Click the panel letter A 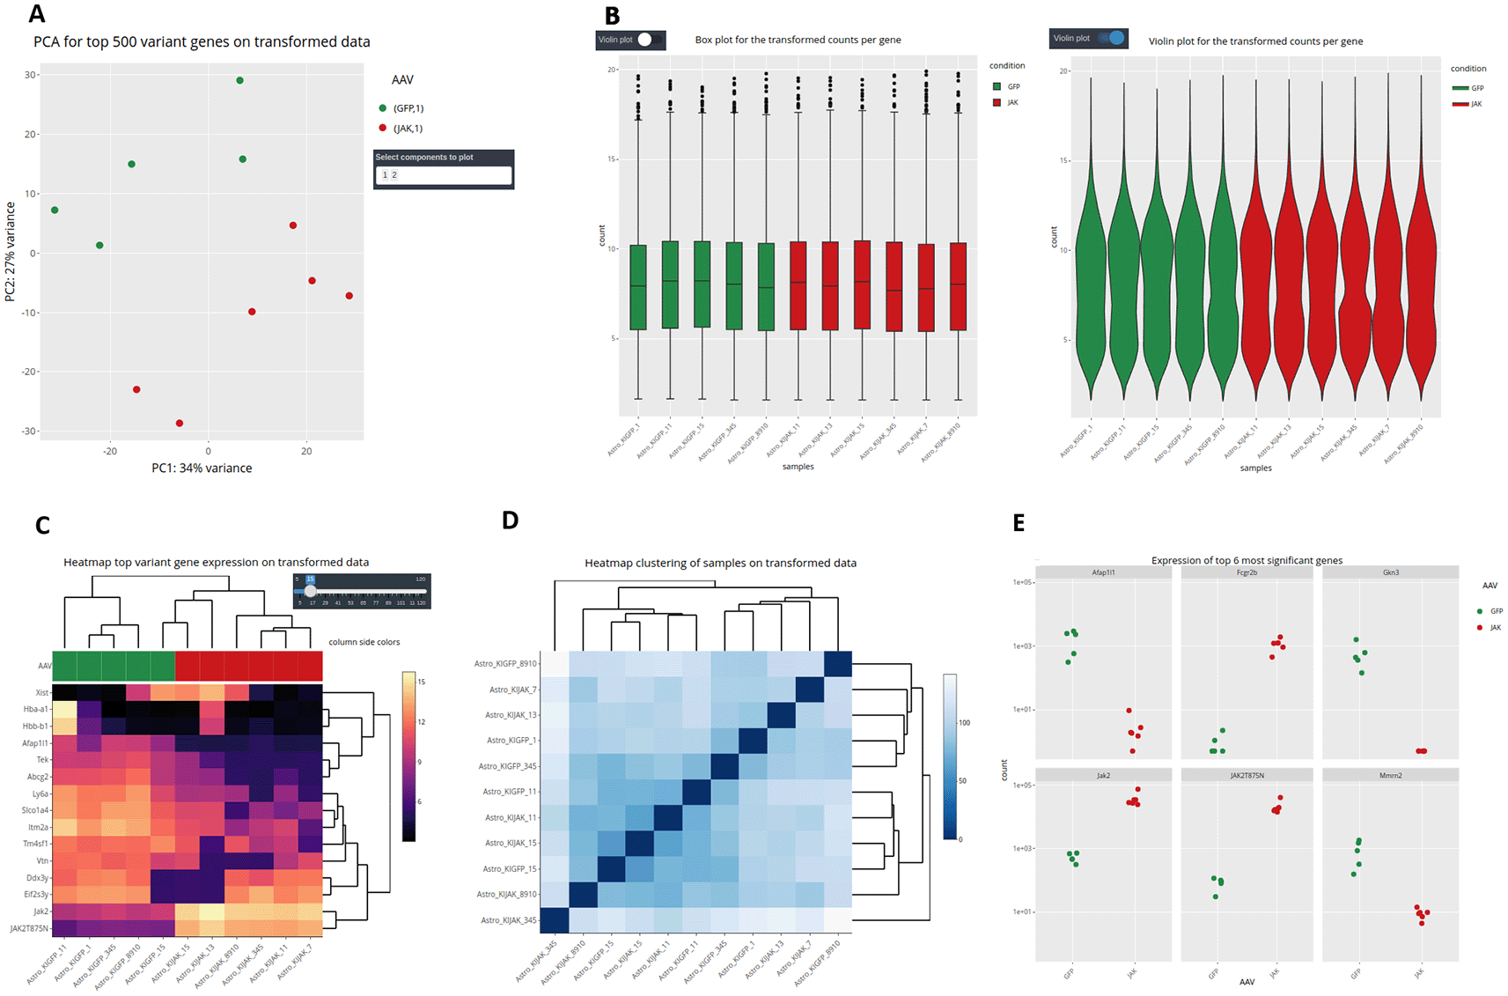[37, 13]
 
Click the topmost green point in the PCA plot [239, 80]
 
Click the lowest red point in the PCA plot [180, 424]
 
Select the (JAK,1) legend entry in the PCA [408, 129]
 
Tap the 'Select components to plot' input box [444, 175]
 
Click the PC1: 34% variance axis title [202, 468]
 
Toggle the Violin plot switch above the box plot [648, 40]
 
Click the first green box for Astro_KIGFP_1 [638, 287]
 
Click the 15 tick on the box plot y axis [612, 159]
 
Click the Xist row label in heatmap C [41, 693]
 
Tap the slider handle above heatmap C [310, 591]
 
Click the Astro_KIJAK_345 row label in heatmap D [508, 920]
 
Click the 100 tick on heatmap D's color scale [964, 722]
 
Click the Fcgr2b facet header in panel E [1247, 572]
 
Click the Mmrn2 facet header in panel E [1390, 776]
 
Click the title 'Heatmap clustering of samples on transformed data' [720, 563]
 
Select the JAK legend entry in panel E [1495, 628]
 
